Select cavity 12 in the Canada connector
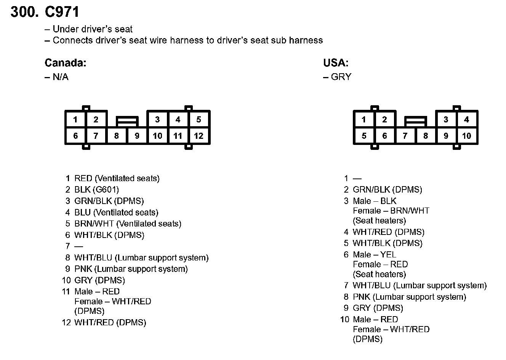tap(199, 136)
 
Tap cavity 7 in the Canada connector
tap(96, 136)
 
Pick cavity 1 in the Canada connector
tap(75, 120)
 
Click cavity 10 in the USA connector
tap(466, 136)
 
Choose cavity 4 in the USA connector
tap(466, 120)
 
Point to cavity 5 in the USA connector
tap(364, 136)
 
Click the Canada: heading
tap(66, 63)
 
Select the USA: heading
tap(336, 63)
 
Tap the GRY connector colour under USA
tap(341, 77)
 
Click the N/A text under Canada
tap(60, 77)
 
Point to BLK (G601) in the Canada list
tap(96, 190)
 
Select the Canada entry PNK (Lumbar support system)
tap(131, 269)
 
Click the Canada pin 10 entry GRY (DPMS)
tap(99, 280)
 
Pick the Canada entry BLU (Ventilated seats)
tap(116, 212)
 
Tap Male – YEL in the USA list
tap(374, 254)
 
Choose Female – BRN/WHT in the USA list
tap(391, 211)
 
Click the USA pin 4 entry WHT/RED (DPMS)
tap(388, 232)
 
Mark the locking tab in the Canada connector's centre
tap(127, 122)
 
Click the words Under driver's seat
tap(93, 29)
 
